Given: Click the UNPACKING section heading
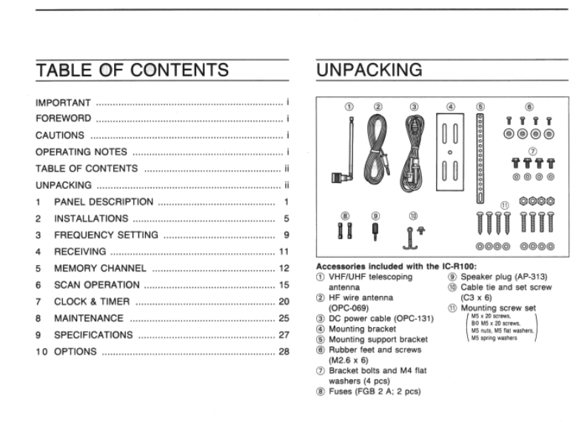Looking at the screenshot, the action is [x=369, y=70].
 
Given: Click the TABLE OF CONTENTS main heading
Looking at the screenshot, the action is [x=132, y=70].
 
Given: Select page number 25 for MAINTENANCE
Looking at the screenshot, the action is [x=284, y=318].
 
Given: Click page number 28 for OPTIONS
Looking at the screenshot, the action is [x=284, y=351].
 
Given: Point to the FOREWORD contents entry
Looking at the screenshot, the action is [x=64, y=118].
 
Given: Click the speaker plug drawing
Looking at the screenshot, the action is [x=375, y=231].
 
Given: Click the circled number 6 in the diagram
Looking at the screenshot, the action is [x=529, y=107].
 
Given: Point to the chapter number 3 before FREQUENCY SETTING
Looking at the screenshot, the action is [x=38, y=235].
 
